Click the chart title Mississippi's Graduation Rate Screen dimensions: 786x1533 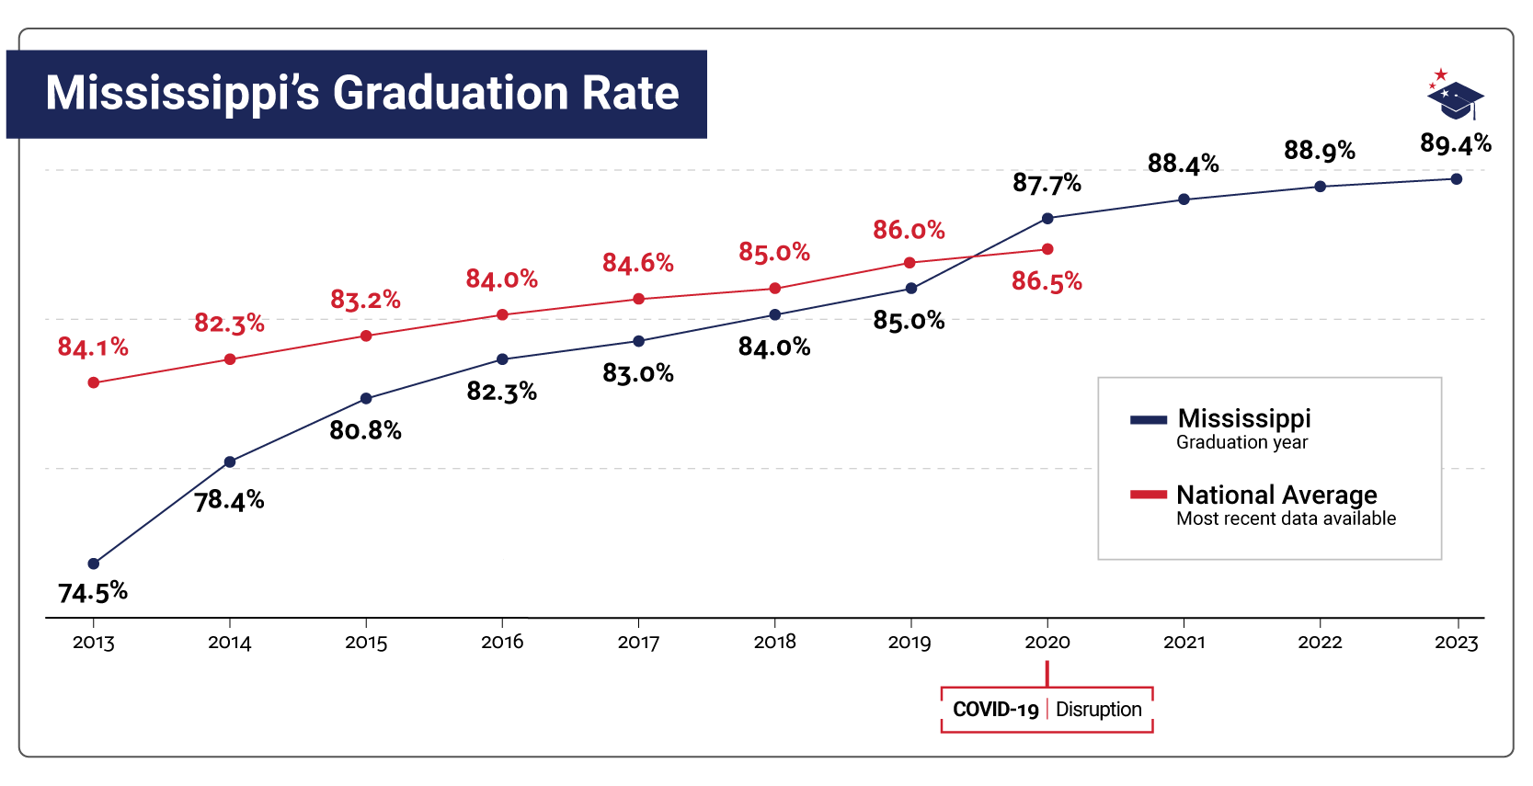coord(361,94)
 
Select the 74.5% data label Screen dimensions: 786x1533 coord(93,593)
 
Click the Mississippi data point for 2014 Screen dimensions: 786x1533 coord(230,461)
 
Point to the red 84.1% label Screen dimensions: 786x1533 coord(93,347)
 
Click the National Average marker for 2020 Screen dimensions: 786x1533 coord(1047,249)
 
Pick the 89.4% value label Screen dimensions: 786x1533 coord(1455,143)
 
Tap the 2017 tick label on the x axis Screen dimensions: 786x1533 coord(638,643)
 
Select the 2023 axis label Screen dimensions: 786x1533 coord(1456,643)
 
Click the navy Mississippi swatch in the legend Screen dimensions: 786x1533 coord(1149,420)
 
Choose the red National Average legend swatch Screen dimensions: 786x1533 coord(1149,496)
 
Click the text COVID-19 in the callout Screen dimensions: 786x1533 coord(995,710)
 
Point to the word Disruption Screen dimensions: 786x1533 coord(1098,710)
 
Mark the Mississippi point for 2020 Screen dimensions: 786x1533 coord(1047,219)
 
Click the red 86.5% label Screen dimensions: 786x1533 coord(1047,281)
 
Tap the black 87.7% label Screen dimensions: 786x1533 coord(1047,184)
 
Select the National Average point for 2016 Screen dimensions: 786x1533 coord(502,314)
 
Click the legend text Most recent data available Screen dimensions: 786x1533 coord(1286,518)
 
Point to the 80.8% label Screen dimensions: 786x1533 coord(365,430)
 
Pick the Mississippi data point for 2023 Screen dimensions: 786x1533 coord(1457,179)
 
